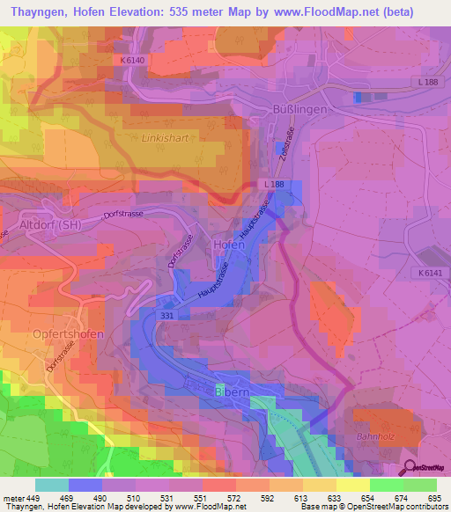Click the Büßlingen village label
coord(295,109)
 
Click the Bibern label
coord(233,388)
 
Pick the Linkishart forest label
coord(168,139)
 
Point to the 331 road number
coord(169,314)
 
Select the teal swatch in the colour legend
coord(51,485)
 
